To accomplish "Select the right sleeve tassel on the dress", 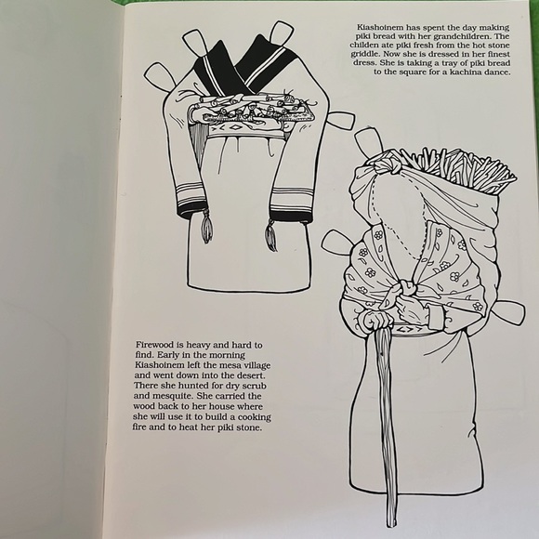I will click(x=270, y=233).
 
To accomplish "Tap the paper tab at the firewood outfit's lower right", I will click(x=509, y=314).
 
